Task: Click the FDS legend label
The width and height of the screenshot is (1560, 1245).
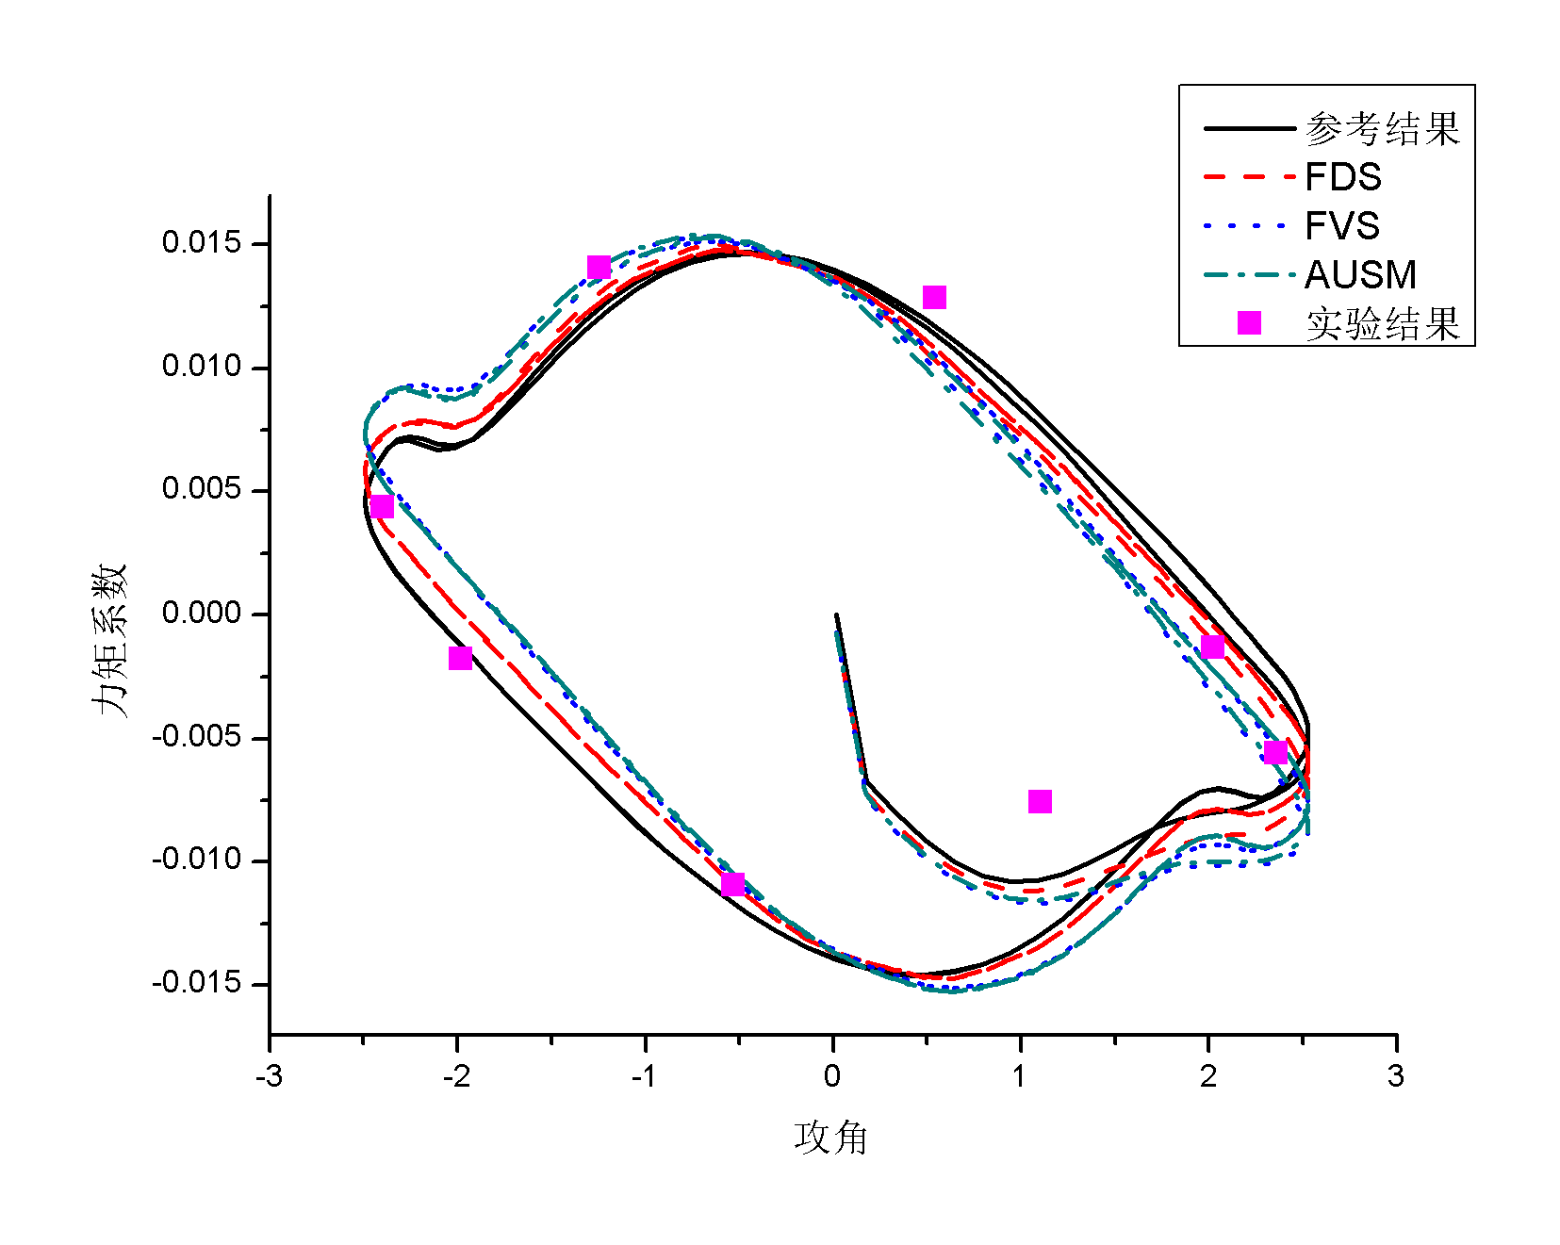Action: [x=1342, y=177]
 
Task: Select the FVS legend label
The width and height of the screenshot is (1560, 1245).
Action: [x=1342, y=226]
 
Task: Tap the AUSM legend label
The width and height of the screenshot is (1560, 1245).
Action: [x=1360, y=275]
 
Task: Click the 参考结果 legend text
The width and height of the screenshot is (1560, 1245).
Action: [x=1382, y=129]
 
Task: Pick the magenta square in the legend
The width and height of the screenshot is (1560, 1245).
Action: [x=1249, y=323]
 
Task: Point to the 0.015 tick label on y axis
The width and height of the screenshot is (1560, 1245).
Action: [x=201, y=243]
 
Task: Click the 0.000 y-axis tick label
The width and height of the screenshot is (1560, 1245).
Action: [x=201, y=614]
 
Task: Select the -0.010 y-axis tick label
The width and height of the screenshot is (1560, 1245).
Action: [x=196, y=860]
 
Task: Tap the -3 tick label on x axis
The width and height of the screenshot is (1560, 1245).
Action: [x=269, y=1076]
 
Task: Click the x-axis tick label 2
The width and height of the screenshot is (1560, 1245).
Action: [x=1208, y=1076]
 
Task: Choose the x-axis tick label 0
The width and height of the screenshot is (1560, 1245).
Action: [x=833, y=1076]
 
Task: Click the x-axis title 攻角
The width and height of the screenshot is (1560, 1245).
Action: [x=830, y=1138]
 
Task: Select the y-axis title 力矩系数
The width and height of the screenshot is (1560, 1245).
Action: [x=109, y=641]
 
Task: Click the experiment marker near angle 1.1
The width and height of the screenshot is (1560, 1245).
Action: [x=1040, y=801]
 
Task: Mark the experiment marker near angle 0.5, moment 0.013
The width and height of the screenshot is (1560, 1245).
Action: [x=934, y=298]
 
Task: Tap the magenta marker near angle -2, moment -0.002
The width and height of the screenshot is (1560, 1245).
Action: [x=460, y=658]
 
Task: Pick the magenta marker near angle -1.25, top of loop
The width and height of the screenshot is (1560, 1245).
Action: [x=599, y=268]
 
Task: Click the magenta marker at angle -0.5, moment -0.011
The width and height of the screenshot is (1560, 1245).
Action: [x=732, y=884]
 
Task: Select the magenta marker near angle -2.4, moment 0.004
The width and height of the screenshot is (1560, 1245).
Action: [x=382, y=507]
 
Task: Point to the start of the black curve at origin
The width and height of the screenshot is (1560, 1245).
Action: [x=836, y=615]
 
